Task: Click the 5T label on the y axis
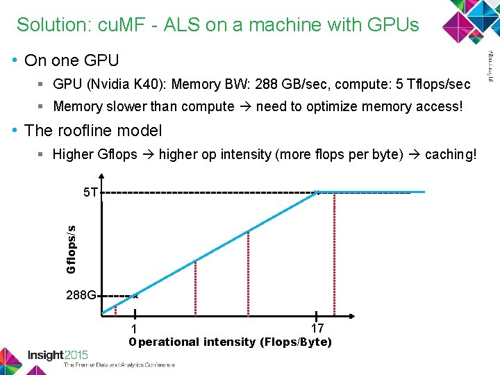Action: (90, 192)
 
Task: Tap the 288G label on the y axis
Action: (82, 295)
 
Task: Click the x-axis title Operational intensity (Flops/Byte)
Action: (231, 342)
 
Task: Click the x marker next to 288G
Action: (136, 296)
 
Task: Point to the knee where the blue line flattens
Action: (317, 192)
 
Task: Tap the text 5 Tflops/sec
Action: (431, 85)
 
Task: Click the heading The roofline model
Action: (93, 131)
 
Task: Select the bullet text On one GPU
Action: (72, 61)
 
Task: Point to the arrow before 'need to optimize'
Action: (245, 106)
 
